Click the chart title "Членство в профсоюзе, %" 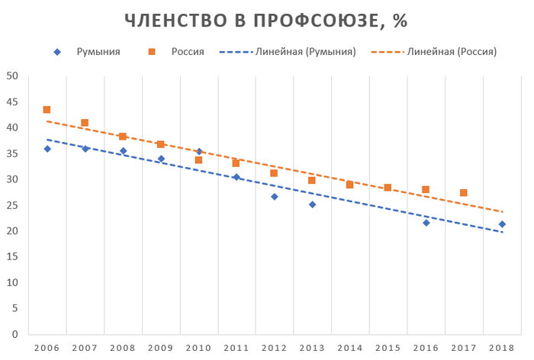click(266, 21)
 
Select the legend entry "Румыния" click(98, 52)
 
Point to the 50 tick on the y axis click(12, 76)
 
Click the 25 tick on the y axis click(12, 205)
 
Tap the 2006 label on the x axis click(47, 348)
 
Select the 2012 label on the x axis click(275, 348)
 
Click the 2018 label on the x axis click(502, 348)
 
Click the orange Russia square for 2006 click(47, 110)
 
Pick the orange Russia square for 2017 click(464, 193)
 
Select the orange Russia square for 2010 click(198, 160)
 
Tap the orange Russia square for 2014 click(350, 185)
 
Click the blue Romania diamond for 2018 click(502, 224)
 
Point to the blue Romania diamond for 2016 click(426, 223)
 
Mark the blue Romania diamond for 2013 click(312, 204)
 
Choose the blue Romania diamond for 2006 click(47, 149)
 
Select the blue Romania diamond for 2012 click(275, 197)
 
